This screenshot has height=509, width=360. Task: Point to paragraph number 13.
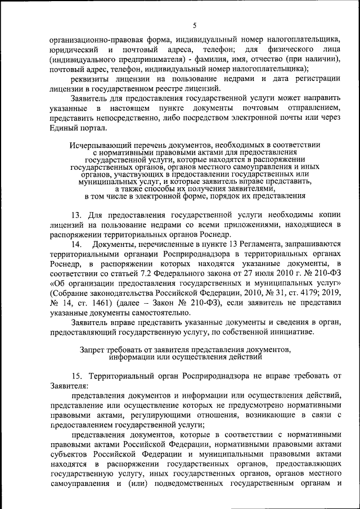tap(77, 214)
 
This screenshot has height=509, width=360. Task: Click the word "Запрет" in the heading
tap(94, 349)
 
